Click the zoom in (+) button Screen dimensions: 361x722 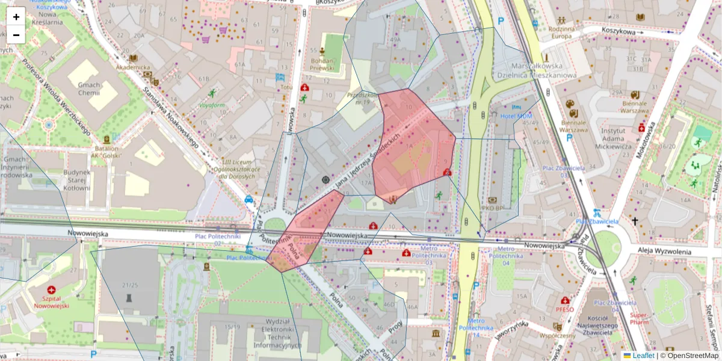[x=16, y=16]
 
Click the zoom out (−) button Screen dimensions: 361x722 [x=16, y=34]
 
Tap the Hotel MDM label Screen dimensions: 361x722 [x=516, y=116]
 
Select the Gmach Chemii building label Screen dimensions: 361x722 [x=88, y=89]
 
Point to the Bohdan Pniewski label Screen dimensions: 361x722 [x=322, y=64]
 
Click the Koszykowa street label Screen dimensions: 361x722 [x=620, y=30]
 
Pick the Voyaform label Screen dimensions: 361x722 [x=212, y=105]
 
